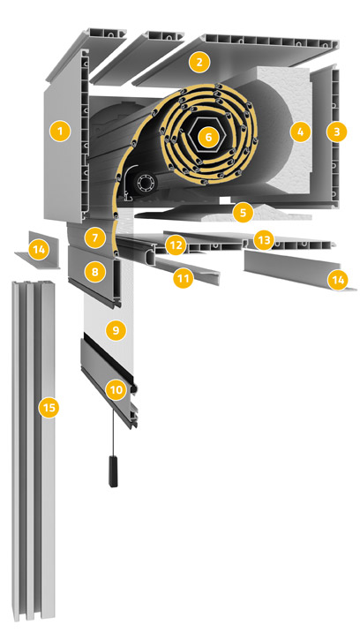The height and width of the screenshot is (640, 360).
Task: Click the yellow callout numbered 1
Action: (x=60, y=132)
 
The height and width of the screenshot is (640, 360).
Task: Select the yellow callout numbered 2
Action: (x=199, y=63)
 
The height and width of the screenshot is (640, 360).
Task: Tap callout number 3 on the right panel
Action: (x=337, y=132)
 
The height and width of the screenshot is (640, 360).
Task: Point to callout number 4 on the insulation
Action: (x=300, y=132)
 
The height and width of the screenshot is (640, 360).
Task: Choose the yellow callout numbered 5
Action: (x=243, y=213)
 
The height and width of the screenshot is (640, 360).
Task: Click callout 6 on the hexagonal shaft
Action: (x=208, y=137)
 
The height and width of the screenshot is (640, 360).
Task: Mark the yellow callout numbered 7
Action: (x=95, y=238)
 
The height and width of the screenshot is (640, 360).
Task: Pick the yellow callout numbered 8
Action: (x=95, y=271)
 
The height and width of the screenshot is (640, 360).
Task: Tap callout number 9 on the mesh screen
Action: (x=116, y=331)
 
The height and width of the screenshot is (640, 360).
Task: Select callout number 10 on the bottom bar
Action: (x=116, y=390)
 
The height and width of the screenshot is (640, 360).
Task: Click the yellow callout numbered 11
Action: (x=183, y=278)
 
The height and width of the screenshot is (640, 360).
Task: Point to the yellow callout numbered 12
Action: (x=176, y=245)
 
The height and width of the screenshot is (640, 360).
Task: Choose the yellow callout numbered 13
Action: (x=264, y=240)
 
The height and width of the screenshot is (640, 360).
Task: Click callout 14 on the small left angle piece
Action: (x=39, y=249)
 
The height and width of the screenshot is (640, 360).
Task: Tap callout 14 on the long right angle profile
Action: (x=338, y=281)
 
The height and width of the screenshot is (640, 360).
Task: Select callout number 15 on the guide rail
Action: (x=49, y=407)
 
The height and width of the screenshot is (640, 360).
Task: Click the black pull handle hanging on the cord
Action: (x=113, y=471)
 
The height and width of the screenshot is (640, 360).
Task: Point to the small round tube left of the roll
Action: (x=145, y=183)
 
